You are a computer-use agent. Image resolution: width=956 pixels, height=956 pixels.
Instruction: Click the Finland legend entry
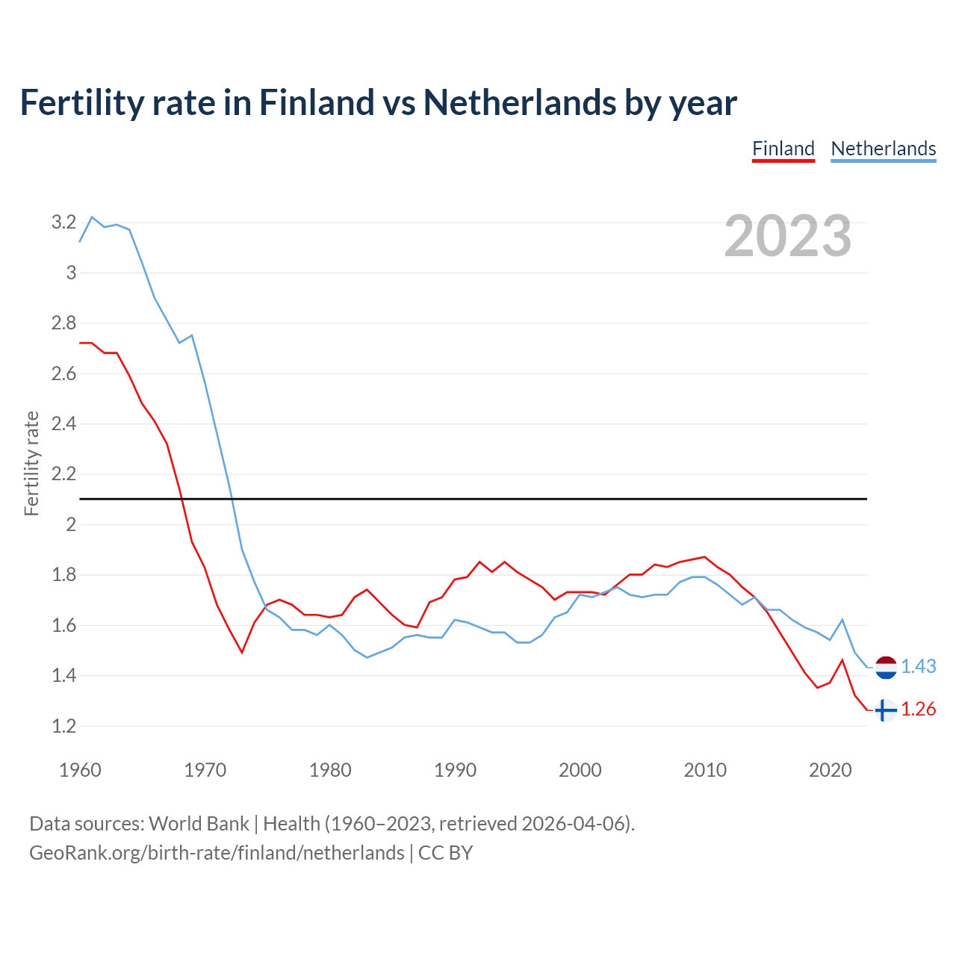click(x=783, y=149)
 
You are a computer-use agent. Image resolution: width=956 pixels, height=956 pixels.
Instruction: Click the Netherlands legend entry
click(x=883, y=149)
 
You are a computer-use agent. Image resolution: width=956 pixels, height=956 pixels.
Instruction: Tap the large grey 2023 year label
click(x=788, y=236)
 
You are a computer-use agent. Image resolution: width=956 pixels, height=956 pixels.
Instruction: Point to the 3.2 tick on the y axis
click(x=64, y=222)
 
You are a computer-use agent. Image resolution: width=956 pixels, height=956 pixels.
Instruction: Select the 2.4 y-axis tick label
click(x=64, y=423)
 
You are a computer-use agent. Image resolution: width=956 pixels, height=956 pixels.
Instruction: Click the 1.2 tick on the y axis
click(x=64, y=726)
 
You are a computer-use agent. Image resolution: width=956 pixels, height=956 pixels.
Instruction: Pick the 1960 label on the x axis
click(x=80, y=770)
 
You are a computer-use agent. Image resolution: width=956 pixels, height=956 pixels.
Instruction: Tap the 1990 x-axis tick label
click(x=455, y=770)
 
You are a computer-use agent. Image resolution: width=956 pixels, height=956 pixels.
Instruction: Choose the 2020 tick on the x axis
click(x=830, y=770)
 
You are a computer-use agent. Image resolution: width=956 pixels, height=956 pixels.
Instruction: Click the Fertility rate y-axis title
click(x=31, y=463)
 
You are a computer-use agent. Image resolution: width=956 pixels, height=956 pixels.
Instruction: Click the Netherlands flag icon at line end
click(x=885, y=667)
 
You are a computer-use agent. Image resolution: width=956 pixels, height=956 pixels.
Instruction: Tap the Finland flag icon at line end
click(x=885, y=710)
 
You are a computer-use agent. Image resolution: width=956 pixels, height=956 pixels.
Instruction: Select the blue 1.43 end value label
click(x=918, y=666)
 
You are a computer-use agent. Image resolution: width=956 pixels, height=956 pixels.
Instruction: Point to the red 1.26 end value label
click(x=918, y=709)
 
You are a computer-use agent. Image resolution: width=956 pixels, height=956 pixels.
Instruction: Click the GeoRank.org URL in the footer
click(x=217, y=852)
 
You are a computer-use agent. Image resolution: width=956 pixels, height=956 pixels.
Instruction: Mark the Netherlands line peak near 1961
click(x=92, y=217)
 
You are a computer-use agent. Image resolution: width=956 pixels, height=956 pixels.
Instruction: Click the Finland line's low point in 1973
click(x=242, y=652)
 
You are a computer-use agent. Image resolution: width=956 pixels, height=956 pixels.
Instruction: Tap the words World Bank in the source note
click(x=199, y=823)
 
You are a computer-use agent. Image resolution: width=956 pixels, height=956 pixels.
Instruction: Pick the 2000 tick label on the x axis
click(x=580, y=770)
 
